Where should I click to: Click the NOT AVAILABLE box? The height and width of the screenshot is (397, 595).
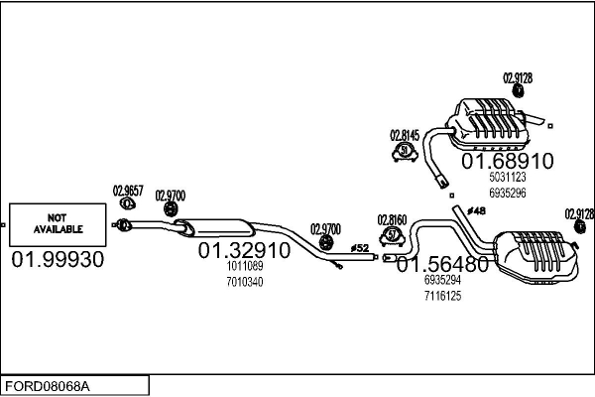click(58, 224)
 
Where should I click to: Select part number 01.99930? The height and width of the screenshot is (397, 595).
click(58, 259)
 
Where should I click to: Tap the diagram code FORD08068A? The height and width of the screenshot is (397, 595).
click(48, 386)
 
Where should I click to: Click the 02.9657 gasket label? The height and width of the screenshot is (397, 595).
click(128, 191)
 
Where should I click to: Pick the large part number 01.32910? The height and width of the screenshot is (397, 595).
click(244, 250)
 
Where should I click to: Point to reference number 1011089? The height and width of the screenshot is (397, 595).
click(245, 266)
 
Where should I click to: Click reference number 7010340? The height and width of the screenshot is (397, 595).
click(245, 282)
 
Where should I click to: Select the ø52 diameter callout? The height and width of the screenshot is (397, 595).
click(360, 248)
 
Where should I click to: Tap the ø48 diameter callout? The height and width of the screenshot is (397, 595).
click(477, 210)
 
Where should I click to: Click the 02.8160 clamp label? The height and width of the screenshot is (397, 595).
click(392, 219)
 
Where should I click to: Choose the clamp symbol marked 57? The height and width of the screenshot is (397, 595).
click(393, 236)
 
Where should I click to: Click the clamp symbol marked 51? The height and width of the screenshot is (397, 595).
click(405, 151)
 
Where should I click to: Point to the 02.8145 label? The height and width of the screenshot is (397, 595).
click(405, 135)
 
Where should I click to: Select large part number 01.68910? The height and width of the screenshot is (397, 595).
click(508, 161)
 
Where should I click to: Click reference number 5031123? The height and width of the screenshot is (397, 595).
click(508, 177)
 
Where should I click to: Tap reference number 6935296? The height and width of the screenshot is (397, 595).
click(508, 193)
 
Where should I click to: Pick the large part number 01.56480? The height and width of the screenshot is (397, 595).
click(442, 264)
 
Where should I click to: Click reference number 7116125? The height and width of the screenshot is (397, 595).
click(443, 296)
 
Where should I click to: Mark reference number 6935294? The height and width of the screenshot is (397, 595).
click(443, 280)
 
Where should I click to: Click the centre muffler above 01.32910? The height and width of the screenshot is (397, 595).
click(214, 227)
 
